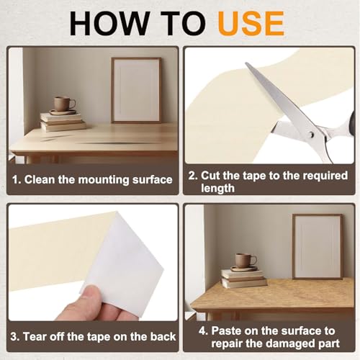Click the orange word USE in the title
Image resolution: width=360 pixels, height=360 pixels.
click(251, 24)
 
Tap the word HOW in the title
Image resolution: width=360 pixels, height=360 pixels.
click(109, 24)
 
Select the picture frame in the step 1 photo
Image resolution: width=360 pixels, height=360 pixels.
click(136, 90)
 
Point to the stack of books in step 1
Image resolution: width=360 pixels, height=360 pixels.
click(63, 122)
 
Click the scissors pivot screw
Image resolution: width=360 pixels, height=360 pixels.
click(311, 135)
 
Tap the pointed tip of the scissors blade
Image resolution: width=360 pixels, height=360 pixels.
click(246, 63)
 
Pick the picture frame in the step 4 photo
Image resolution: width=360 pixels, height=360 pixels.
click(318, 247)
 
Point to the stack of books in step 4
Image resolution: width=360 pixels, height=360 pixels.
click(244, 279)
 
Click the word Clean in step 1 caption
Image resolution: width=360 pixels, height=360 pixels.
click(40, 179)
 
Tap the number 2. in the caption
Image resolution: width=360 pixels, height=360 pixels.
click(193, 176)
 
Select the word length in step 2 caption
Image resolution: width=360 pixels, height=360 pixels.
click(217, 188)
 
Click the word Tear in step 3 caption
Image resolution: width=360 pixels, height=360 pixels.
click(35, 336)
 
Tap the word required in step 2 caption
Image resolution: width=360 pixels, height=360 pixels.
click(325, 176)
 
